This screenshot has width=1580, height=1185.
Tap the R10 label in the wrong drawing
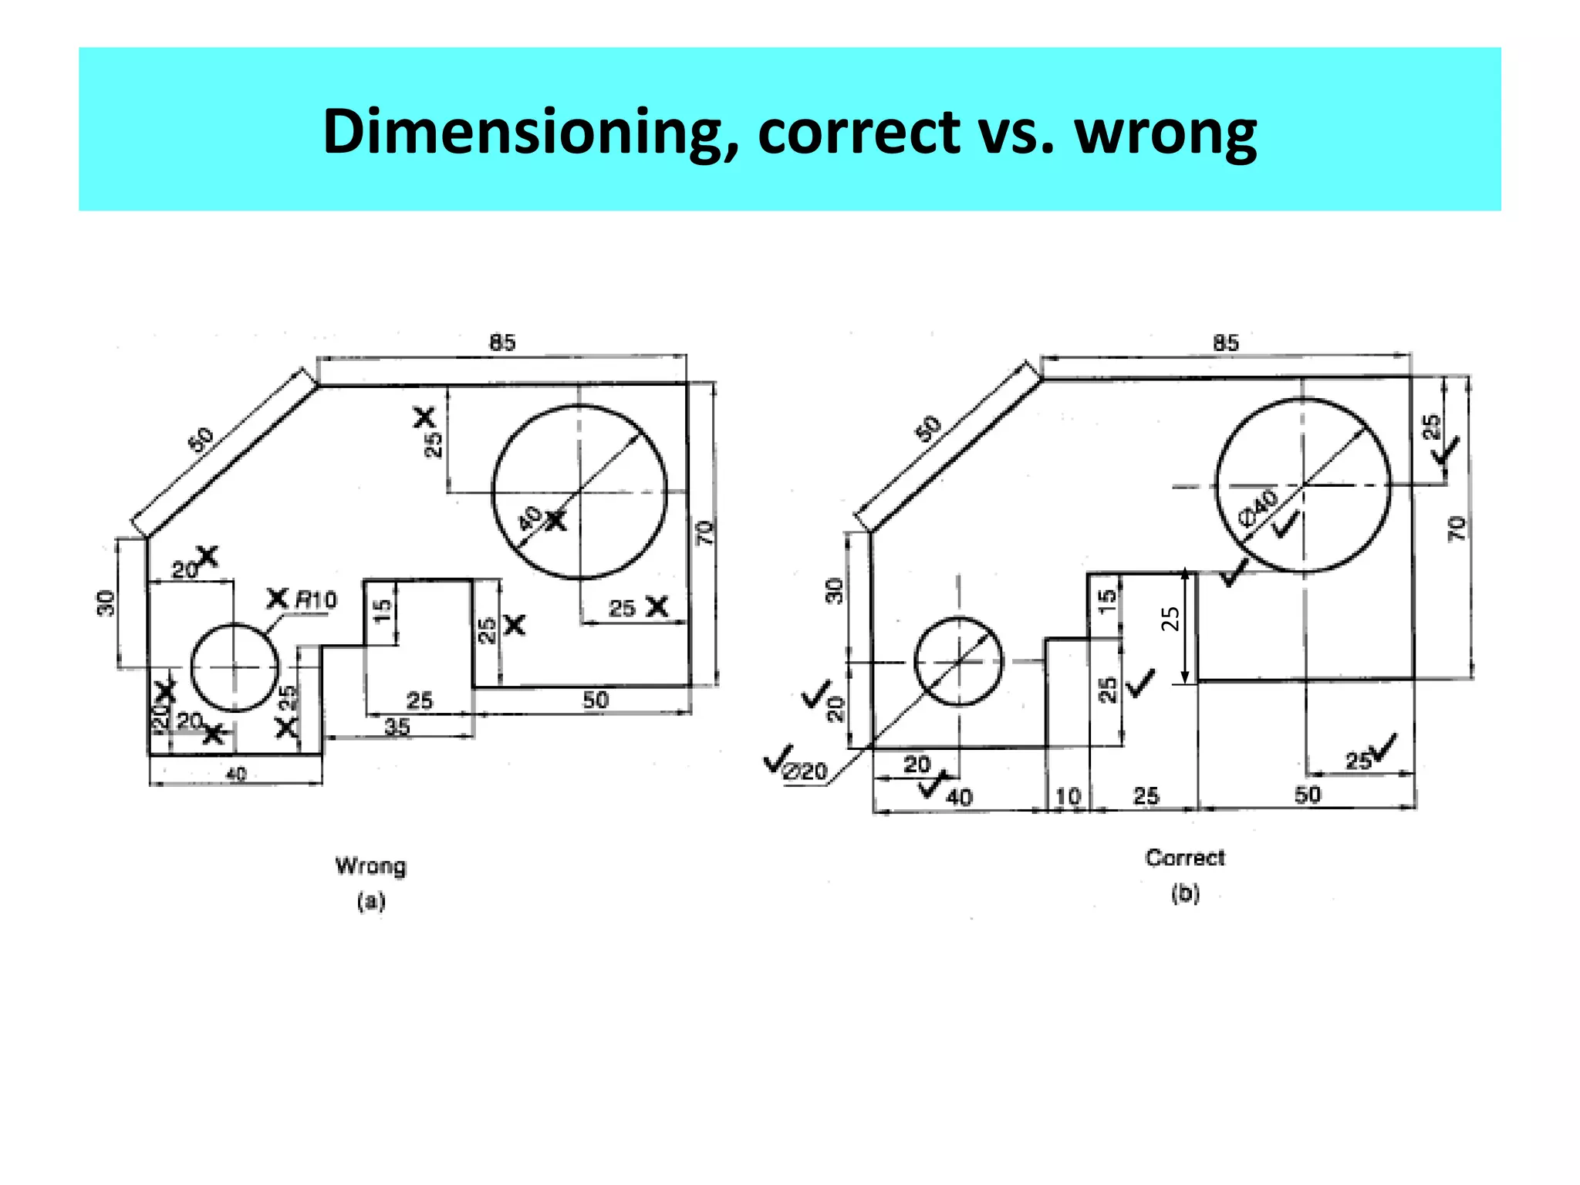(x=316, y=599)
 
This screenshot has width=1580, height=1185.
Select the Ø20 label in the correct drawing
(x=805, y=771)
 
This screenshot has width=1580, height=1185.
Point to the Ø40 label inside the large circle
(x=1257, y=508)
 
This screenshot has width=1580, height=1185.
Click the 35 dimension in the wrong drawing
(x=397, y=726)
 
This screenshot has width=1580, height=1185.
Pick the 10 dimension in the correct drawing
(x=1068, y=795)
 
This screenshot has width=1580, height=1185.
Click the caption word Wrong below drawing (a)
(x=370, y=866)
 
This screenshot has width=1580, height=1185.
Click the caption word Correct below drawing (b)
(x=1184, y=858)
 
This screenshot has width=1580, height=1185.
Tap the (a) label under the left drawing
(x=370, y=901)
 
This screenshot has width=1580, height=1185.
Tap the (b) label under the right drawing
(x=1185, y=893)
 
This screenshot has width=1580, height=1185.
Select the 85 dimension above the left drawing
(x=502, y=343)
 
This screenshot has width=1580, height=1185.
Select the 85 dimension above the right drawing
(x=1226, y=343)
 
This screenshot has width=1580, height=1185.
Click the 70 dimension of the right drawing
(x=1456, y=529)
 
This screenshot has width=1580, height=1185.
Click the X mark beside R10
(x=277, y=598)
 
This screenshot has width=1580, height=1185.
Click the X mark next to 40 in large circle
(x=555, y=522)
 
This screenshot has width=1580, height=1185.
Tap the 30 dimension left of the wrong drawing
(x=106, y=603)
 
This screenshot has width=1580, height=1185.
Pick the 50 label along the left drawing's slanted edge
(x=201, y=439)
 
